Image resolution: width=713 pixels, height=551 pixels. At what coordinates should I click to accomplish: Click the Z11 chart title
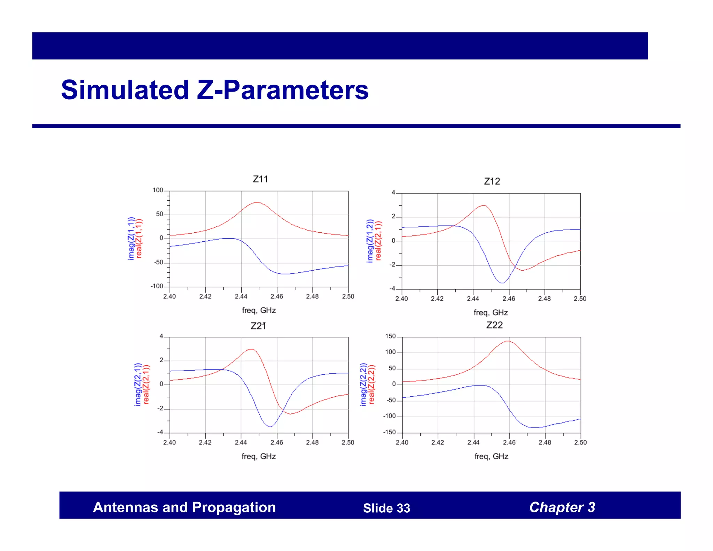point(260,179)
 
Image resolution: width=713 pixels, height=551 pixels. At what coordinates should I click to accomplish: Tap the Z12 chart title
point(492,181)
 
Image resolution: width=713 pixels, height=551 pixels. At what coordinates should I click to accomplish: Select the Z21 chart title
point(258,326)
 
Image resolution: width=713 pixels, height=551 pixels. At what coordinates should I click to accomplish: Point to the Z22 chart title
point(494,325)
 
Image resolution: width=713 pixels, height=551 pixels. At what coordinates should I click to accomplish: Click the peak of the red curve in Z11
point(256,202)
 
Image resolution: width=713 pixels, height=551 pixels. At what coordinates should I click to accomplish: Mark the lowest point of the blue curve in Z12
point(502,283)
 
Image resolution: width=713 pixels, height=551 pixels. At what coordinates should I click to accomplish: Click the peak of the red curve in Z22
point(508,341)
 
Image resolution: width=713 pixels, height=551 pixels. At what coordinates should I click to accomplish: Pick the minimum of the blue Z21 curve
point(271,427)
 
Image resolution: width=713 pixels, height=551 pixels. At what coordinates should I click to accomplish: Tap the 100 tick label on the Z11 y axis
point(158,190)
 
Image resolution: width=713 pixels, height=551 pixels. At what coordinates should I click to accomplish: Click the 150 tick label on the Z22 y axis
point(390,336)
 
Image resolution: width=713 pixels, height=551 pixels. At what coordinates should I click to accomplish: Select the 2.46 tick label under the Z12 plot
point(509,298)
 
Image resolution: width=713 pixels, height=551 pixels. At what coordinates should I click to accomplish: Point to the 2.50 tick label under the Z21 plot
point(348,442)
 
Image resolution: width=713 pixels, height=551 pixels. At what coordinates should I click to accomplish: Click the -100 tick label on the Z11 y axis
point(157,286)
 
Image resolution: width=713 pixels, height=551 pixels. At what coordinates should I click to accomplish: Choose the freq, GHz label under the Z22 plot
point(491,456)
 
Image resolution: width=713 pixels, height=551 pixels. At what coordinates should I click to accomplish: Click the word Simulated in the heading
point(125,90)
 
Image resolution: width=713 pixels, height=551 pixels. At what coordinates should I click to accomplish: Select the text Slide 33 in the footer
point(386,508)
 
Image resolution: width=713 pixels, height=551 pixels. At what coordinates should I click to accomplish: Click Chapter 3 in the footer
point(562,507)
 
